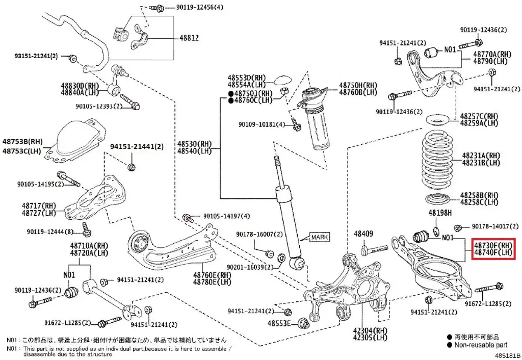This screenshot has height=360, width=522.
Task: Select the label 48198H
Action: tap(440, 212)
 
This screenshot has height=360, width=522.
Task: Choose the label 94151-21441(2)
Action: tap(137, 146)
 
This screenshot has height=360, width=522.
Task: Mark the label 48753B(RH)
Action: tap(22, 141)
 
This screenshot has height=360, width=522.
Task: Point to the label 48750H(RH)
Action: tap(358, 85)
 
